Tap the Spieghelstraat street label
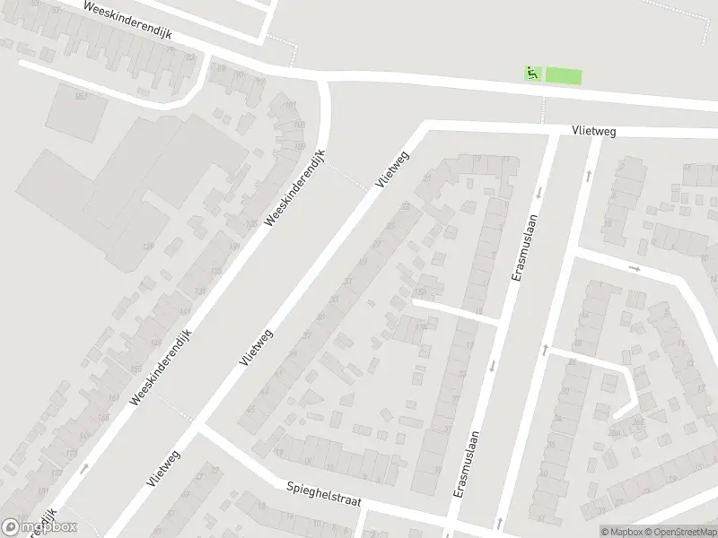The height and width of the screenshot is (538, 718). point(323,493)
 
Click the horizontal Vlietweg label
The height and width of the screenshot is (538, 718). point(593,131)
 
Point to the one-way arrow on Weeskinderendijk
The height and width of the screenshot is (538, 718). point(83,467)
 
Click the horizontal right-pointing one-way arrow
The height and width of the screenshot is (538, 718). point(634,267)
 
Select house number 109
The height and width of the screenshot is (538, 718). point(299,146)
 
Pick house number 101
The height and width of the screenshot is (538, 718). point(289,106)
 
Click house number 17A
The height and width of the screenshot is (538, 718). point(421,327)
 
